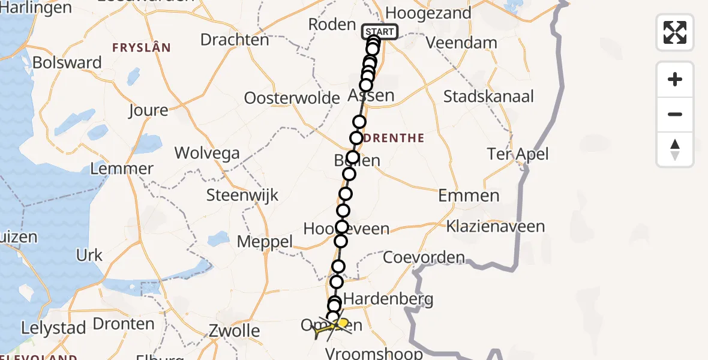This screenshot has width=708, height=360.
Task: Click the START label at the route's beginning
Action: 380,32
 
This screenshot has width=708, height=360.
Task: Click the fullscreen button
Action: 675,32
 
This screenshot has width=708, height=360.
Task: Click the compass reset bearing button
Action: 675,149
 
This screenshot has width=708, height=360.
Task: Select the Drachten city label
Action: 235,40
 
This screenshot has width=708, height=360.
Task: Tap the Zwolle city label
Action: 234,331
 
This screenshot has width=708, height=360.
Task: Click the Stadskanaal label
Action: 488,96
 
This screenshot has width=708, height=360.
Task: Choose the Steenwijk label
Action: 242,195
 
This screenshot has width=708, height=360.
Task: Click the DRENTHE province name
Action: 394,138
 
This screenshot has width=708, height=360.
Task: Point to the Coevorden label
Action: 424,258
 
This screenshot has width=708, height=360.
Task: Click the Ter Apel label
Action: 518,154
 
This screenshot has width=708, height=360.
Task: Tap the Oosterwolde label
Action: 292,98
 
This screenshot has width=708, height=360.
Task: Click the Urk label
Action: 89,255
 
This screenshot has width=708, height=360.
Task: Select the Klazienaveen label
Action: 495,227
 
